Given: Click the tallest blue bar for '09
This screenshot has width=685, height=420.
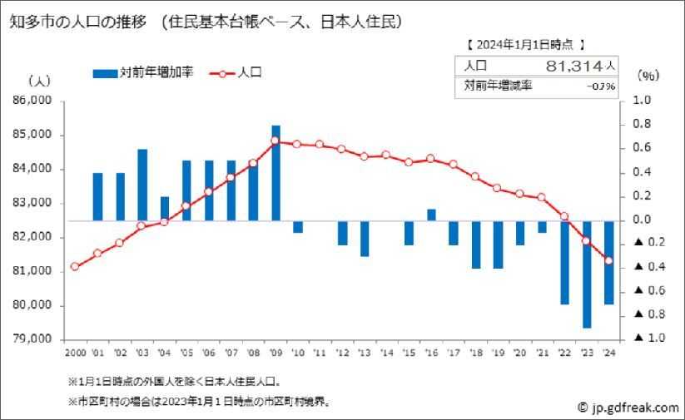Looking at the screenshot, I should [275, 173].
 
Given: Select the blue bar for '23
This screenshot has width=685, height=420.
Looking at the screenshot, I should [587, 274].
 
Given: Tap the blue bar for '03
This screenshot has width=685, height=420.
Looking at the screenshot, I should [142, 185].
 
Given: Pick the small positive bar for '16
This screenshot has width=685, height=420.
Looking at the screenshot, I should [431, 215].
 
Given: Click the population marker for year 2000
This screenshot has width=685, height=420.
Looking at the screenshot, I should [75, 266].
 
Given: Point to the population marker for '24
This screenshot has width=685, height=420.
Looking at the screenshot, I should [608, 260].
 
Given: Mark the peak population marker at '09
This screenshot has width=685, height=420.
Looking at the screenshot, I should [275, 141].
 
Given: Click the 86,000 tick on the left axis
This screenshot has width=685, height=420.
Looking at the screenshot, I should [33, 101].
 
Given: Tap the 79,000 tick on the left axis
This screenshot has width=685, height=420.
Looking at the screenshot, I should [33, 339].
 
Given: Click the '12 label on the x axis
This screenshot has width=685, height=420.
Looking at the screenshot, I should [342, 353].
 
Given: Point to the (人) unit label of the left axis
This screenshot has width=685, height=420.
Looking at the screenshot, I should [39, 81].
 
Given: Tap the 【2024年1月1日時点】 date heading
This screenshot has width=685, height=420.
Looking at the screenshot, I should [524, 43].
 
